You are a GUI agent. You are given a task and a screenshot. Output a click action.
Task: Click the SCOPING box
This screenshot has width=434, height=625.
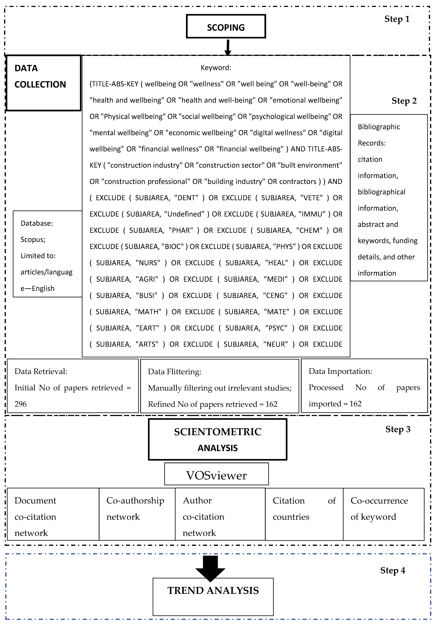[226, 26]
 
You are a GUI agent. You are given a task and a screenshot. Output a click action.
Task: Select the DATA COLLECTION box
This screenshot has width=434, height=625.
[43, 83]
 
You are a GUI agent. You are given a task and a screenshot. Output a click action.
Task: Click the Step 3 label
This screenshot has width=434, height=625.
[398, 429]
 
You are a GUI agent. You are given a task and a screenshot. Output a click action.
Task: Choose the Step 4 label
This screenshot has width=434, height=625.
[392, 570]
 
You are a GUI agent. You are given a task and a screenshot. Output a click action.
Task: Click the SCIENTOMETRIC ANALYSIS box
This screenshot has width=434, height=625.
[218, 439]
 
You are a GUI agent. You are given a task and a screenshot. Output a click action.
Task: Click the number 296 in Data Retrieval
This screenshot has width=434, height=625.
[21, 404]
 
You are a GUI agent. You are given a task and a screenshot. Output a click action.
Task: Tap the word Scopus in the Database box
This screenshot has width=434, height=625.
[33, 239]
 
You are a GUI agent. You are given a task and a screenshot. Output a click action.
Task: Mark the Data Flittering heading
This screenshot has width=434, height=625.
[174, 371]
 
